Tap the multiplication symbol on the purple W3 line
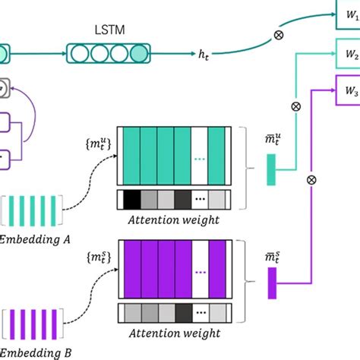pos(310,180)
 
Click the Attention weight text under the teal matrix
pos(175,220)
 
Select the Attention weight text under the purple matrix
pos(175,334)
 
